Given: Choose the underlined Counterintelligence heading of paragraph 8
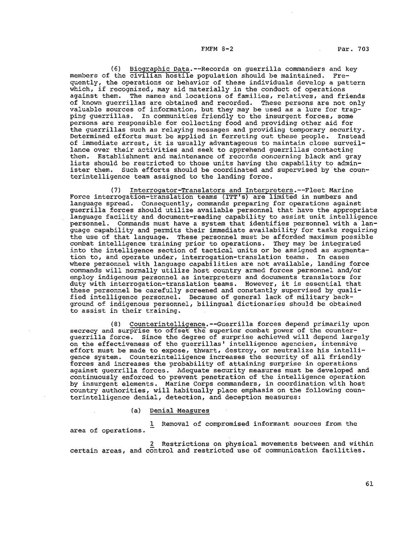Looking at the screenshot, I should (167, 324).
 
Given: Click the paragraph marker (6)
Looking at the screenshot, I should (116, 69).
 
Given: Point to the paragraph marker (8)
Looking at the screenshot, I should (116, 324).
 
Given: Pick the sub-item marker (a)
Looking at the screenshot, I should (136, 411).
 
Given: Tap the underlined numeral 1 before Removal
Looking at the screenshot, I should (152, 424).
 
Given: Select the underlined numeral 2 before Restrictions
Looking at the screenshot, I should (152, 443).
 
